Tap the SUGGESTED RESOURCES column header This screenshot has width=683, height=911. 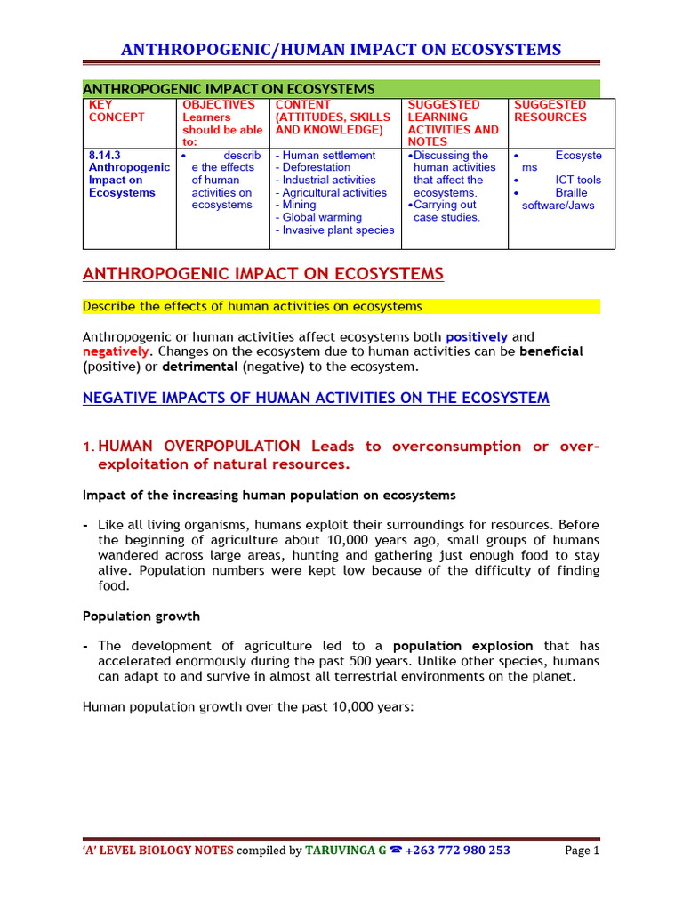tap(550, 111)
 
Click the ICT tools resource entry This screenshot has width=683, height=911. tap(578, 180)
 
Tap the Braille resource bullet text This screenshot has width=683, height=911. tap(571, 192)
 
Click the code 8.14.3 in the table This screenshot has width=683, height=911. tap(105, 155)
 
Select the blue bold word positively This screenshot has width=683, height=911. tap(477, 337)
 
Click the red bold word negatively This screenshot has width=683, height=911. tap(115, 351)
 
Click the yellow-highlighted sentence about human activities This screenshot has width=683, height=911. tap(252, 307)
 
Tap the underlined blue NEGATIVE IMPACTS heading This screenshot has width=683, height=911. tap(316, 399)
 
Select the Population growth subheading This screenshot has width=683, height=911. tap(141, 616)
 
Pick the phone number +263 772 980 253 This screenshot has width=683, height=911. tap(457, 850)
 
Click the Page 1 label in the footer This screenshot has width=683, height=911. tap(583, 850)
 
